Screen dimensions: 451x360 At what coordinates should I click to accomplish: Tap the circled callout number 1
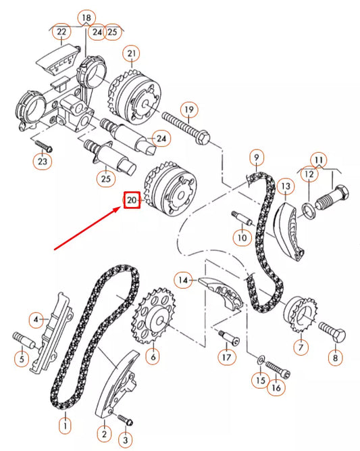coord(65,426)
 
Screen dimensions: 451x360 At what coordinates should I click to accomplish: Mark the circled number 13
coord(285,185)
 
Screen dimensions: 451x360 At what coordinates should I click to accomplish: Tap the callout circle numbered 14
coord(183,279)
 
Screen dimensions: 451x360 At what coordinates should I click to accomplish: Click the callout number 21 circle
coord(130,53)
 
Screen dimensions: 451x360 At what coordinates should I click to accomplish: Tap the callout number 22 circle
coord(62,31)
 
